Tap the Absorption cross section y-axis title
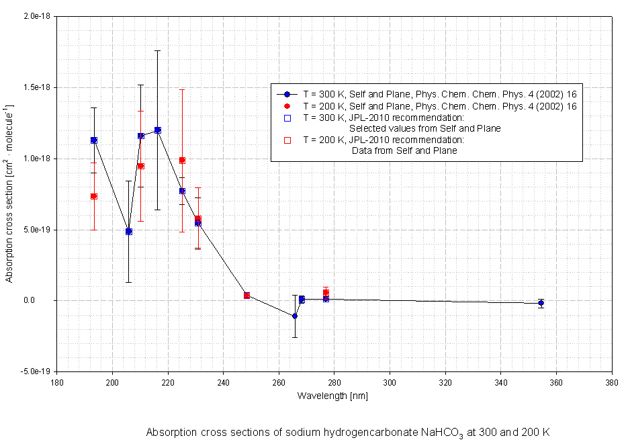(10, 193)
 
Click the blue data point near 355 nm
(541, 303)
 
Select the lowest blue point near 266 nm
(295, 316)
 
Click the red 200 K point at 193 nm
(94, 196)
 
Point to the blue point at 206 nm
(129, 231)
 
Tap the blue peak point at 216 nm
(157, 130)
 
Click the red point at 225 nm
(182, 160)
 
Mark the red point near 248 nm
(247, 295)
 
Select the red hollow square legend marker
(287, 140)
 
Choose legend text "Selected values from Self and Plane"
(424, 128)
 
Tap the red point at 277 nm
(326, 293)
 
